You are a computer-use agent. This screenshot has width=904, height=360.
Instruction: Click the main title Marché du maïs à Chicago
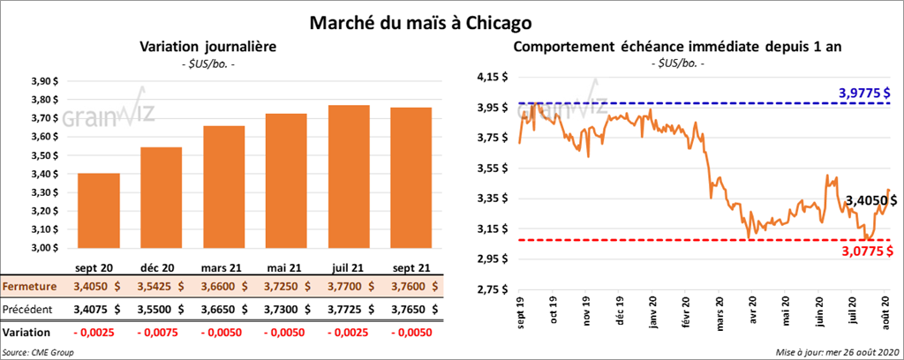tap(420, 19)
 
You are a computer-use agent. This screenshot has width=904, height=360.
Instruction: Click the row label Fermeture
tap(30, 287)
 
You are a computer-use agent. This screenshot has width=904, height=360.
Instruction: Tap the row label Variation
tap(26, 332)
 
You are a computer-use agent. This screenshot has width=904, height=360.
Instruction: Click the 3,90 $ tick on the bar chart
tap(43, 80)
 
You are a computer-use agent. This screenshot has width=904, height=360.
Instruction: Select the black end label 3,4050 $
tap(870, 201)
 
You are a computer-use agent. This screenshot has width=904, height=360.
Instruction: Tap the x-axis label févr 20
tap(686, 316)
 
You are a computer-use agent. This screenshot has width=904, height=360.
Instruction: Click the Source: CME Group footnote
tap(38, 352)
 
